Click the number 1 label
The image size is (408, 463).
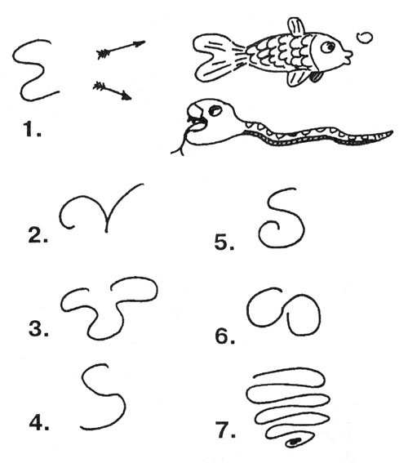click(32, 129)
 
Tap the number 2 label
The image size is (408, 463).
click(38, 235)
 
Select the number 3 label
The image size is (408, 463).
click(38, 328)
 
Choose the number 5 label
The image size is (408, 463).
click(224, 243)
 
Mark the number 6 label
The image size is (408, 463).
click(225, 336)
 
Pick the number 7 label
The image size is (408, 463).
click(226, 430)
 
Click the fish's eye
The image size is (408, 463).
click(328, 47)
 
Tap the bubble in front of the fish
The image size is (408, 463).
click(364, 38)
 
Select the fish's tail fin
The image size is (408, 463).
click(217, 58)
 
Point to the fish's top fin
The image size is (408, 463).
click(296, 27)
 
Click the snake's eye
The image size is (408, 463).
click(215, 111)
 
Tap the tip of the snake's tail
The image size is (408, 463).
click(392, 132)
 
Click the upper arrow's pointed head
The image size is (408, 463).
click(140, 43)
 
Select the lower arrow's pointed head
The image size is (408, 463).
click(126, 96)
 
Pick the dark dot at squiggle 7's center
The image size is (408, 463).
click(295, 442)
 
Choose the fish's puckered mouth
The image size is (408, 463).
click(348, 57)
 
